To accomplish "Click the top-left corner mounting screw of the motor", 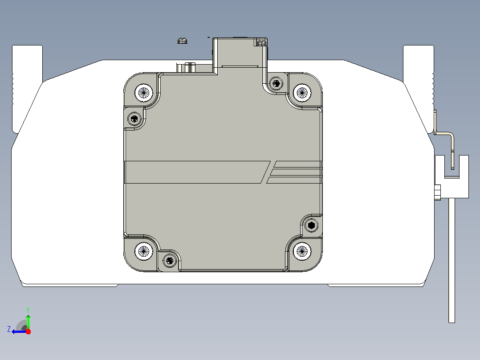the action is point(143,93).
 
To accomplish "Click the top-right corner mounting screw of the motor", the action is point(302,93).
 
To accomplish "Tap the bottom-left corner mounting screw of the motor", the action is point(143,252).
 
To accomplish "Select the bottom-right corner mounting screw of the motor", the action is point(302,252).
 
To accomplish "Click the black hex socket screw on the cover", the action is point(311,225).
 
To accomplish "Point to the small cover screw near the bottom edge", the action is point(170,261).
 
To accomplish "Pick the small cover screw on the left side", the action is point(134,119).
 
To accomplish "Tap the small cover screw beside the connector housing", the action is point(276,83).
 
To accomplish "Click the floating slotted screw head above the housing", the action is point(182,41).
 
